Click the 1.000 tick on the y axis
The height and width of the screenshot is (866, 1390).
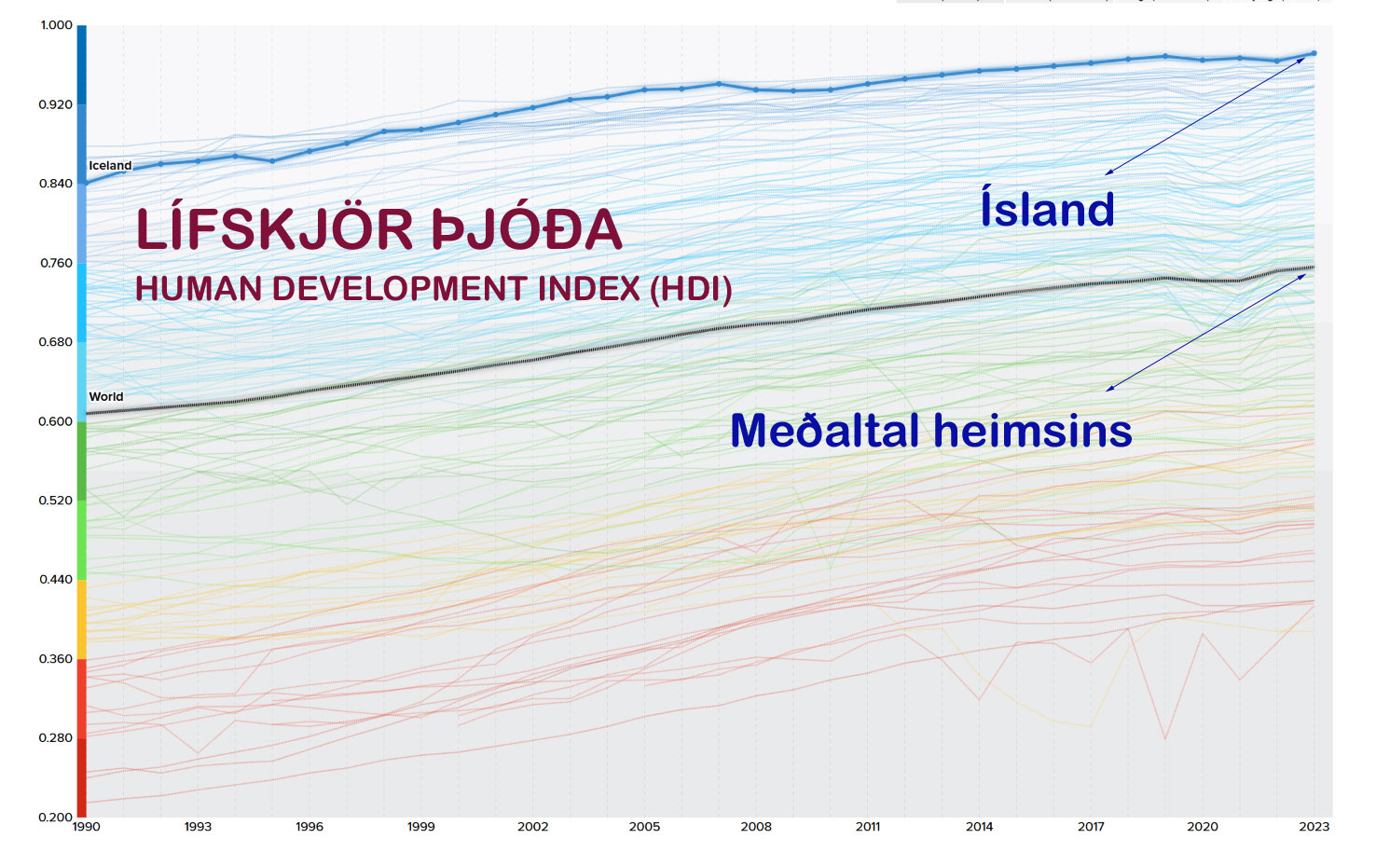coord(56,25)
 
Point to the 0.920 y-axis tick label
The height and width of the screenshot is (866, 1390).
coord(55,104)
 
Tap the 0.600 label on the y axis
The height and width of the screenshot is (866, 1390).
coord(55,421)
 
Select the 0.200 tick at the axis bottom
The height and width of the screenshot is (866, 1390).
coord(55,817)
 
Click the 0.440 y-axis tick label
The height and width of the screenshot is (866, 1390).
coord(55,580)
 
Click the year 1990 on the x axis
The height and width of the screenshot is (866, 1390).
coord(86,827)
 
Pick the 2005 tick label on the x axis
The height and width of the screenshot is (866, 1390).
coord(644,827)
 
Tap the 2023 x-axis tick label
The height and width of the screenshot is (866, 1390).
coord(1314,827)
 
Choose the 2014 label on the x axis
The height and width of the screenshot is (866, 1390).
coord(979,827)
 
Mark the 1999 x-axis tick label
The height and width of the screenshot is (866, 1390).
coord(420,827)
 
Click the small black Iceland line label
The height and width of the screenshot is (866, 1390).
coord(110,166)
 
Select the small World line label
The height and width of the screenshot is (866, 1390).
coord(106,397)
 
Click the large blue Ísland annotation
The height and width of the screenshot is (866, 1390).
coord(1047,209)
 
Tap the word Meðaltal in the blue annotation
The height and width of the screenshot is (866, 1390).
coord(825,431)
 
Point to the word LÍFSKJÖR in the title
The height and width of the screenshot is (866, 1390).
coord(274,230)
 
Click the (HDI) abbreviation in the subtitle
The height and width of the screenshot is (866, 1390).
coord(691,289)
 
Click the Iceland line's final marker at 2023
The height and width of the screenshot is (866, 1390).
coord(1314,53)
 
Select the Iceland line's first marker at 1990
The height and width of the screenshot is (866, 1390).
coord(86,183)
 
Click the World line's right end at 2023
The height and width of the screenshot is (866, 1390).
coord(1314,268)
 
